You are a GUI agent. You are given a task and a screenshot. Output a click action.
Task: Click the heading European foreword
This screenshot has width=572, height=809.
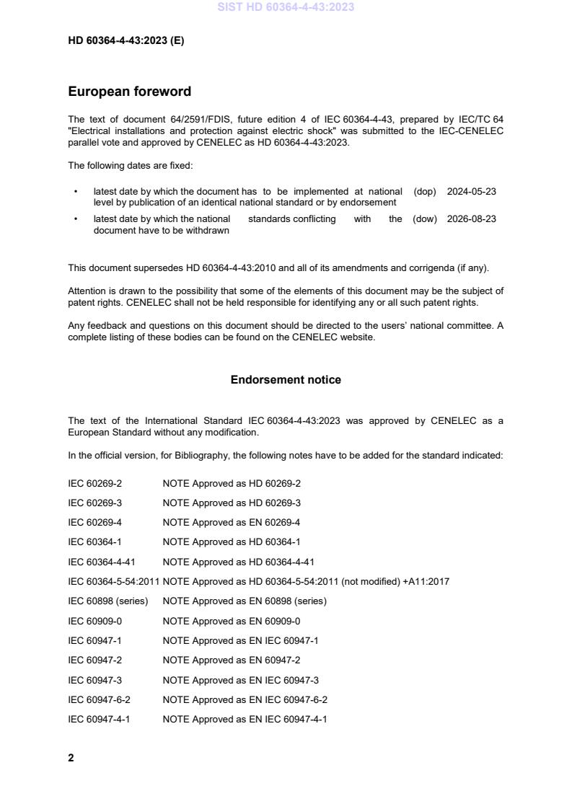129,92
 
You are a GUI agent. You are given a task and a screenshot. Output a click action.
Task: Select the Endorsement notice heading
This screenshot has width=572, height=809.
286,379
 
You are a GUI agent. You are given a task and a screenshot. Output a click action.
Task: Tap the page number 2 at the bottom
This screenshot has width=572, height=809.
71,758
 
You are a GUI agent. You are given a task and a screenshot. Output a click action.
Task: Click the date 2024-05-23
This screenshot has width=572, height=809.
471,192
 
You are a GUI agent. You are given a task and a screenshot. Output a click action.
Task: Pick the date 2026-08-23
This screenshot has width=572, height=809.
471,219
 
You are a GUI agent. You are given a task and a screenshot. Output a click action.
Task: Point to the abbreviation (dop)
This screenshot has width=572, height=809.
425,192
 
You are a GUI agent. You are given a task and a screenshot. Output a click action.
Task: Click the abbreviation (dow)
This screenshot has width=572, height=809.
425,219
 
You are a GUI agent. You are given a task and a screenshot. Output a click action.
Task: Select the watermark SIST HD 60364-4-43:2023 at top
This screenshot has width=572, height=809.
286,7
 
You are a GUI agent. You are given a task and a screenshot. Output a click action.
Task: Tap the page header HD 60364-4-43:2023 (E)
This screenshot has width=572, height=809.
126,41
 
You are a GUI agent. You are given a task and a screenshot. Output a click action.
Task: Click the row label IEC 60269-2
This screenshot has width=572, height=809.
94,484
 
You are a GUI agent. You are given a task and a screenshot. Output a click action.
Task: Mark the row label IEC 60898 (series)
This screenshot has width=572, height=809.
107,601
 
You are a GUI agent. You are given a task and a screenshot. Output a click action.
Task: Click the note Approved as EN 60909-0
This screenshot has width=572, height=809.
232,621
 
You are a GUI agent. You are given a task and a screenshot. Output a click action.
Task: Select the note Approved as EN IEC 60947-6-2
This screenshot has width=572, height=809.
245,699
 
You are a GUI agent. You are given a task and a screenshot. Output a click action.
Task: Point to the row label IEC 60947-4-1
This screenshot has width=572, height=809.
99,719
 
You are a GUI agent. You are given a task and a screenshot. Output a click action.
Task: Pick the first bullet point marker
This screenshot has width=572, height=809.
76,192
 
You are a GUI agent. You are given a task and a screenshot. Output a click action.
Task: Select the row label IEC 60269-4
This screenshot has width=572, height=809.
94,523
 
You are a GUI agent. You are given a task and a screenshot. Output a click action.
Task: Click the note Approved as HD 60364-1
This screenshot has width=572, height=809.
232,542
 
